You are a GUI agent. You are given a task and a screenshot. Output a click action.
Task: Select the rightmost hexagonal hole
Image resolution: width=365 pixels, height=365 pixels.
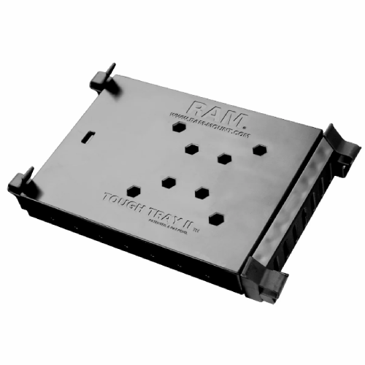tap(259, 149)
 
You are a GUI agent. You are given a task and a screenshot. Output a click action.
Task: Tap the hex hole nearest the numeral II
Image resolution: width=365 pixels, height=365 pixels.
tap(216, 218)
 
